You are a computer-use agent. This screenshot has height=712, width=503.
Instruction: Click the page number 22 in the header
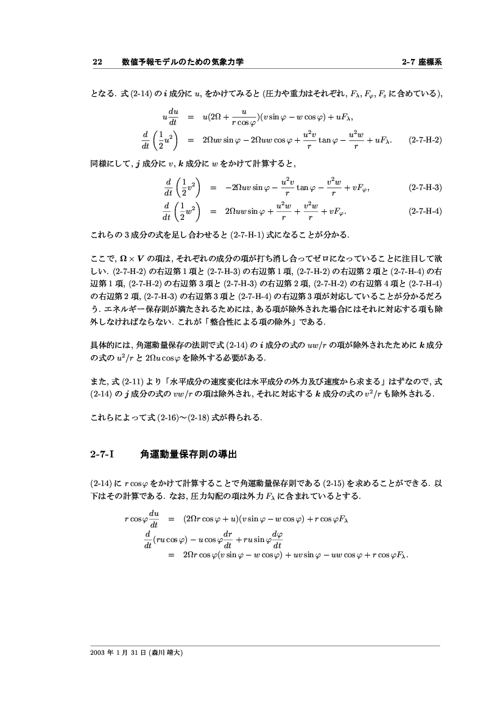click(96, 62)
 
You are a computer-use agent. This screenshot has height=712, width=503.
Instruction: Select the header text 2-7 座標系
click(422, 62)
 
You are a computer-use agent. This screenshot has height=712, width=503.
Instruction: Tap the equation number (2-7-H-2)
click(425, 139)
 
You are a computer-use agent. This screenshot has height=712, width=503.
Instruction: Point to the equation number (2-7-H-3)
click(425, 187)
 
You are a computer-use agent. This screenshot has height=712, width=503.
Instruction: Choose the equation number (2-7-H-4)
click(425, 211)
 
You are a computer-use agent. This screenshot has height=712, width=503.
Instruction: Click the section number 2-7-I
click(102, 454)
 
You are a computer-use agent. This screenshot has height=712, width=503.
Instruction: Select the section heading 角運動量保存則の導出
click(188, 454)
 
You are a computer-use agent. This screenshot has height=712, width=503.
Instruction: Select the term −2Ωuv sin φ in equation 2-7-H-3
click(249, 187)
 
